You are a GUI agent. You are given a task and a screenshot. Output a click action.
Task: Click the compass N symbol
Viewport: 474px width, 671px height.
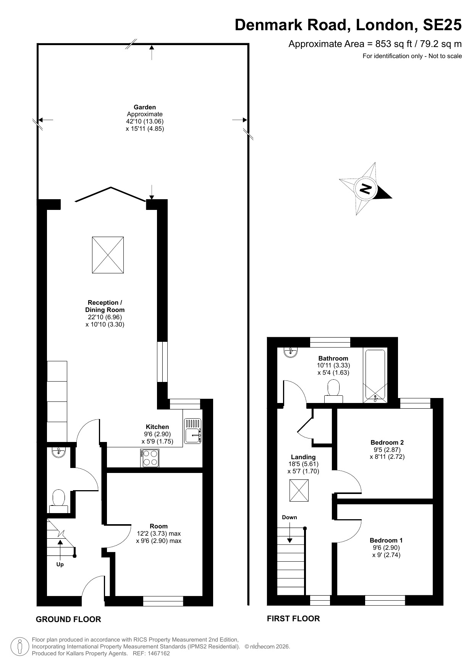point(366,188)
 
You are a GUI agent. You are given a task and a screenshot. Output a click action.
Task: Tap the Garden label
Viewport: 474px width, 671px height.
point(145,107)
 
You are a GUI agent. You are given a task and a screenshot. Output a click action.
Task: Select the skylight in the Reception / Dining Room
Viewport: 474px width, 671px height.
point(108,255)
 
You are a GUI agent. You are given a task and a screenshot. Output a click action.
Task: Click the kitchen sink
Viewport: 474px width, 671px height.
point(193,431)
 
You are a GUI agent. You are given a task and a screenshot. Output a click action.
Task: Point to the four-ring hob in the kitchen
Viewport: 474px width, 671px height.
point(150,458)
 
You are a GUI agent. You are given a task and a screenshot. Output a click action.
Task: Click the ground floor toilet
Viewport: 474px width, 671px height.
point(58,501)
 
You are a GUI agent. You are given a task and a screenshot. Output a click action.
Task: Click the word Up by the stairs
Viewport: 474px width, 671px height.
point(60,564)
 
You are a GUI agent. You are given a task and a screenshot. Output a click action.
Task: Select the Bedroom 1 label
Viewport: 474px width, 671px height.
point(386,540)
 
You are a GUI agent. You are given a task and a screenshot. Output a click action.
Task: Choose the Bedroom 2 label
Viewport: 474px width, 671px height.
point(387,442)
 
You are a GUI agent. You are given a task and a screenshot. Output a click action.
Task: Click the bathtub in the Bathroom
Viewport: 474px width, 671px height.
point(376,375)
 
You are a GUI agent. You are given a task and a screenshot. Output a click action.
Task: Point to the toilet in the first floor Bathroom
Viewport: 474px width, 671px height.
point(333,391)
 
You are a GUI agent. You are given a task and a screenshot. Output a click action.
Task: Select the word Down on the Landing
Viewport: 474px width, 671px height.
point(290,517)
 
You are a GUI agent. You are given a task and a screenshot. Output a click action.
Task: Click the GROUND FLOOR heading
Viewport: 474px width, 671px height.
point(68,619)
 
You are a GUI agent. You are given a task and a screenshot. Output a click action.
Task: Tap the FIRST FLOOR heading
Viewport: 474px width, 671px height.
point(293,619)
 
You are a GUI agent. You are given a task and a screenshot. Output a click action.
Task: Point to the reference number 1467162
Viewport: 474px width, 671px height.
point(157,653)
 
